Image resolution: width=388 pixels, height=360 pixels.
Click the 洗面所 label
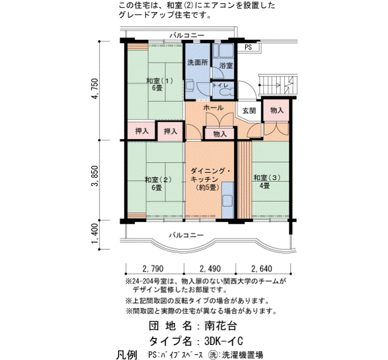(x=197, y=63)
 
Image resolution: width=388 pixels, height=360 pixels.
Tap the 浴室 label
(x=226, y=65)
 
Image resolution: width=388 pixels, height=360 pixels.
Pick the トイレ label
(x=221, y=85)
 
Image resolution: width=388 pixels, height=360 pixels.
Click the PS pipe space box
(x=248, y=47)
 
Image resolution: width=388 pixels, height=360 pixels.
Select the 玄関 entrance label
(x=249, y=111)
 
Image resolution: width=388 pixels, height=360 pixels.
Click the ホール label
(x=213, y=108)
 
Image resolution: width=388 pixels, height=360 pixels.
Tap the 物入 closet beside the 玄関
(x=277, y=110)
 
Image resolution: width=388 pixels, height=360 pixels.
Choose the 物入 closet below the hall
(x=219, y=134)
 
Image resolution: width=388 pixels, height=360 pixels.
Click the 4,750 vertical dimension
(x=95, y=89)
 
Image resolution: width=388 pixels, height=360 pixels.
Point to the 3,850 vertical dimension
(x=95, y=176)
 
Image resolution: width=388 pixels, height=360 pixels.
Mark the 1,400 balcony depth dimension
(x=95, y=234)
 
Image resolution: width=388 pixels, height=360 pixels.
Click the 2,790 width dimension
(x=153, y=268)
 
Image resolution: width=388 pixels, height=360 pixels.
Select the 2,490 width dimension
(x=210, y=268)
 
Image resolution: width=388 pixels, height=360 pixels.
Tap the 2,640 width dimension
(x=262, y=268)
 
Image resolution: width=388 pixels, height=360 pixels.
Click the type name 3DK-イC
(x=224, y=341)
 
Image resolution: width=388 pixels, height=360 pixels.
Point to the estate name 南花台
(x=221, y=326)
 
